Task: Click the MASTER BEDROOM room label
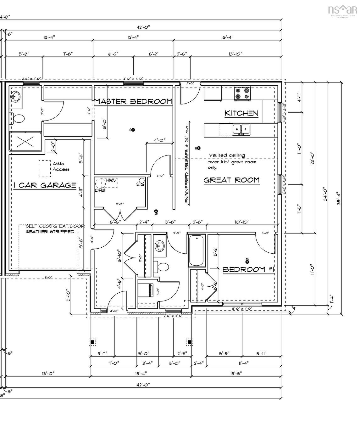click(133, 101)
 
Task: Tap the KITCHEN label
click(241, 113)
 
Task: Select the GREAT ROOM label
click(231, 180)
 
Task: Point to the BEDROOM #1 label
click(249, 269)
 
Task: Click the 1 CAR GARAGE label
click(45, 185)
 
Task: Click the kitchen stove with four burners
click(242, 94)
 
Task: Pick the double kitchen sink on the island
click(241, 129)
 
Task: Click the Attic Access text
click(61, 166)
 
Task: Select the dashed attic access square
click(45, 169)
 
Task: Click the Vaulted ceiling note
click(232, 161)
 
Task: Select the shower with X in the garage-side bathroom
click(25, 143)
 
